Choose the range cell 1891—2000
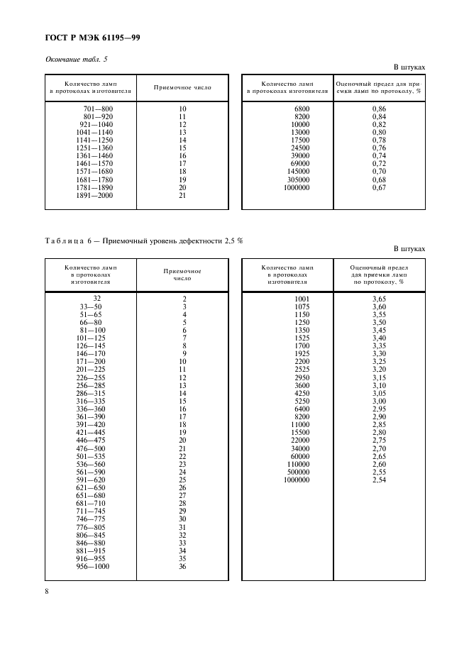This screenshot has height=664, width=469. click(x=94, y=195)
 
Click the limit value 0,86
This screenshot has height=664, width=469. click(x=379, y=109)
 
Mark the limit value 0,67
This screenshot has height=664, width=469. click(x=379, y=187)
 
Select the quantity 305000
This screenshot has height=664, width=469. click(x=299, y=179)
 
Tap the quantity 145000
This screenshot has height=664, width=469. click(x=299, y=172)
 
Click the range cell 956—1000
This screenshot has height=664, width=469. click(x=94, y=566)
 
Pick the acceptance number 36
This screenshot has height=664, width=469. click(x=182, y=566)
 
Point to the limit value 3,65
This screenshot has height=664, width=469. click(x=379, y=299)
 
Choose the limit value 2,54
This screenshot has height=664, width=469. click(x=379, y=480)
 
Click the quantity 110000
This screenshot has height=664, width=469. click(x=299, y=464)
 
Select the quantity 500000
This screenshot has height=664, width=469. click(x=299, y=472)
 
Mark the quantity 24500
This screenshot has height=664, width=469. click(x=301, y=148)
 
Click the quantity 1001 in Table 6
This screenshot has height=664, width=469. click(x=302, y=299)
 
